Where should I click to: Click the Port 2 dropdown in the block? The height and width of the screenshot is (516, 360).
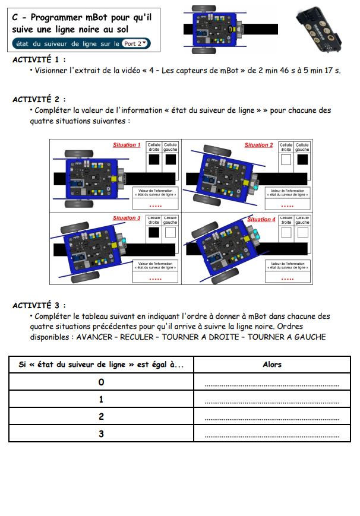pos(136,43)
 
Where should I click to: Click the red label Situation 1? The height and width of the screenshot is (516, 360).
pos(127,145)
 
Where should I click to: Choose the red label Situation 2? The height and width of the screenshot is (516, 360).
pos(258,145)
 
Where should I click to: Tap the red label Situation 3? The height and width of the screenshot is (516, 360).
pos(127,219)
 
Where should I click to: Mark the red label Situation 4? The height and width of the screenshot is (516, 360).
pos(261,220)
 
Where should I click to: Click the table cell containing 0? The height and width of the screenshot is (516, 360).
pos(101,382)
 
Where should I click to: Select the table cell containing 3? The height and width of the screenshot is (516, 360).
pos(101,433)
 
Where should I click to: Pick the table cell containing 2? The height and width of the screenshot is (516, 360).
pos(101,416)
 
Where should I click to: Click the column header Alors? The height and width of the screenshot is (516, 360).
pos(271,365)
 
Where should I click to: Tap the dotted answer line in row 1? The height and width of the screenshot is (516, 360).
pos(271,402)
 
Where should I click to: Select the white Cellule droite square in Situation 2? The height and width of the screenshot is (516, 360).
pos(286,160)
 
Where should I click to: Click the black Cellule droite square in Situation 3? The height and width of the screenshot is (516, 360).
pos(154,233)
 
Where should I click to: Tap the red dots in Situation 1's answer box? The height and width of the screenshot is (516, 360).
pos(155,205)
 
